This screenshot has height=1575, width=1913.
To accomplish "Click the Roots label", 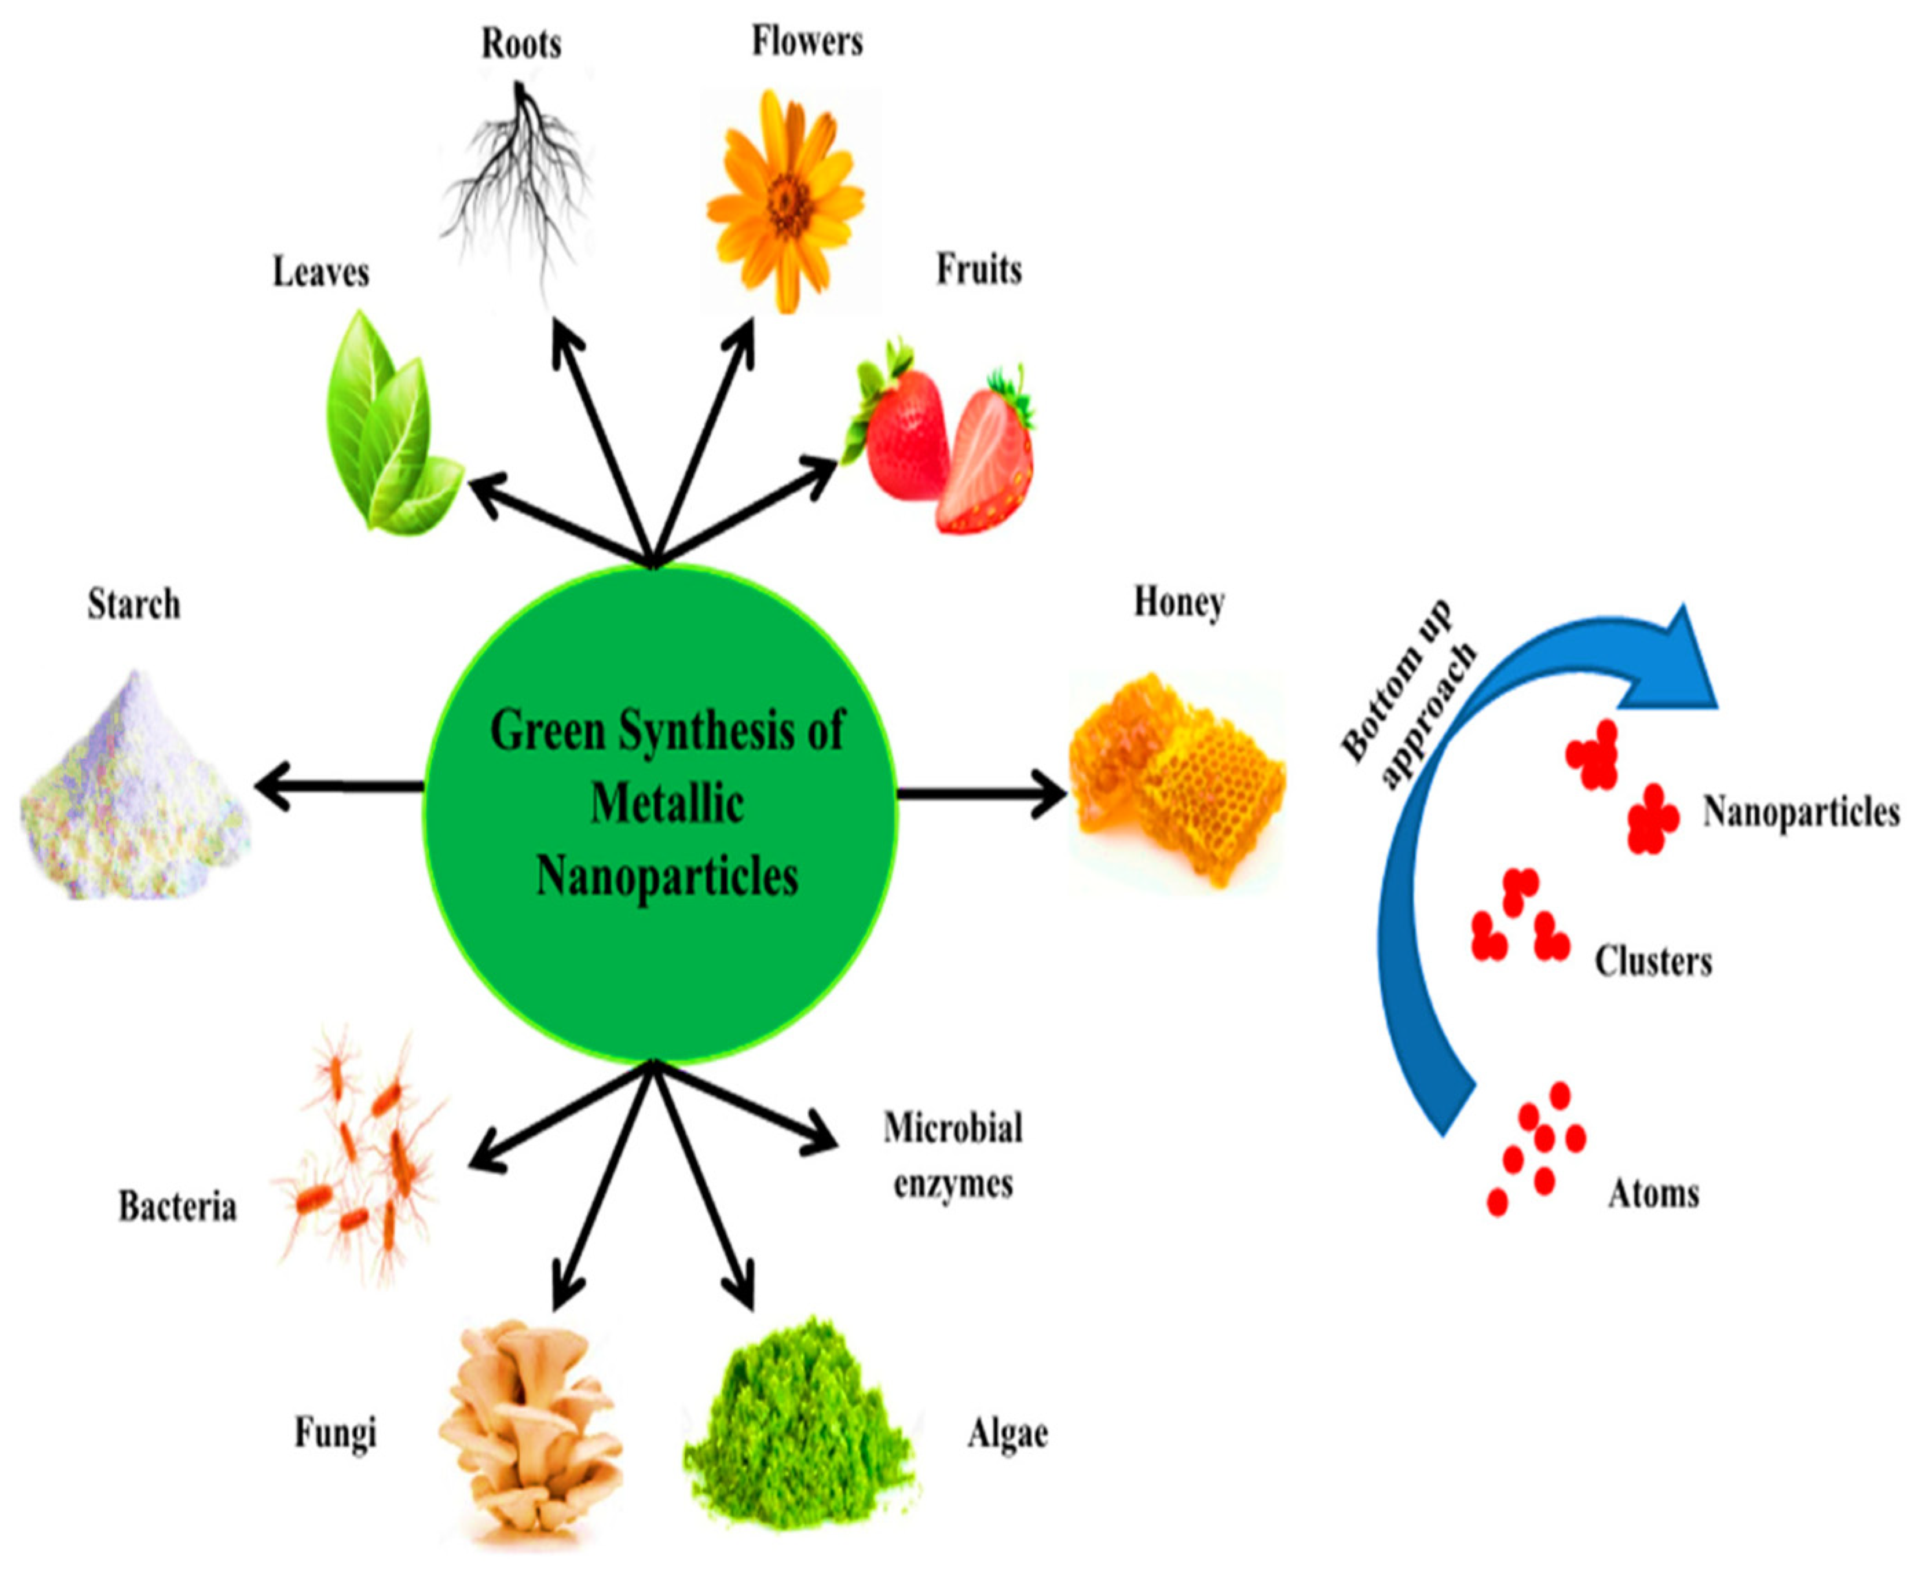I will point(521,43).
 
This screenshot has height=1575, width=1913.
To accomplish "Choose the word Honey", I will point(1178,602).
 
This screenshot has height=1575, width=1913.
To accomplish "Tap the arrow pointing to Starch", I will point(336,786).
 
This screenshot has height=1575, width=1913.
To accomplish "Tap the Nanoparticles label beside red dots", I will point(1800,812).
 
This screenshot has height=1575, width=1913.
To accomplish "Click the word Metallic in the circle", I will point(668,805).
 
